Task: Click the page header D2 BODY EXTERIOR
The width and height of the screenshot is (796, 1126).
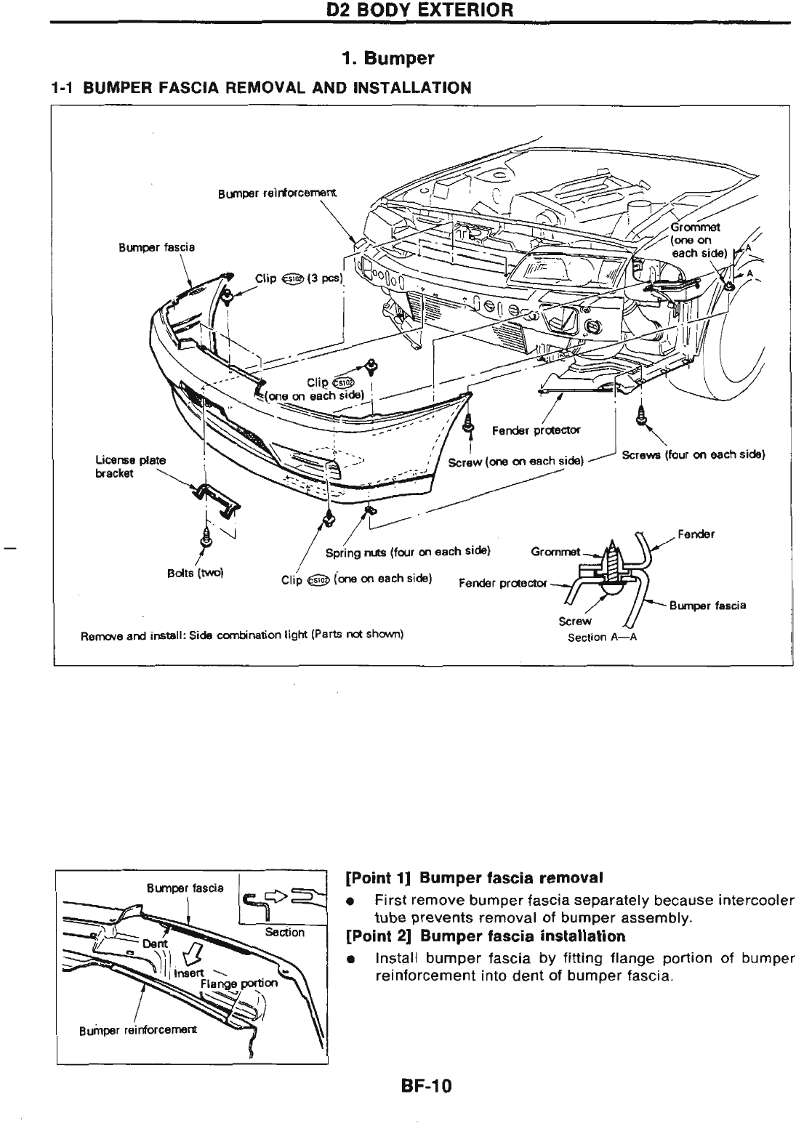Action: click(x=420, y=11)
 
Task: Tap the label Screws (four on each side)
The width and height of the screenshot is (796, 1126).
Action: click(x=695, y=455)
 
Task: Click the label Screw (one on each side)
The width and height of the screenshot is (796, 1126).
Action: click(x=517, y=462)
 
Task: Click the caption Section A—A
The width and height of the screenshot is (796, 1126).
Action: click(x=602, y=638)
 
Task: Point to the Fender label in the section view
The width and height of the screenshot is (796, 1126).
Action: click(x=696, y=534)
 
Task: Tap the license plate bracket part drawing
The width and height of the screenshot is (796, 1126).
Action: click(x=216, y=500)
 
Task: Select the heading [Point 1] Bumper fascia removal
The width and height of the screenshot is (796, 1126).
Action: click(x=475, y=877)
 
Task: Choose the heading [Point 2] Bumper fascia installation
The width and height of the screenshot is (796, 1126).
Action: click(x=486, y=936)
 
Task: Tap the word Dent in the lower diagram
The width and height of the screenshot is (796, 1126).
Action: click(x=155, y=943)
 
